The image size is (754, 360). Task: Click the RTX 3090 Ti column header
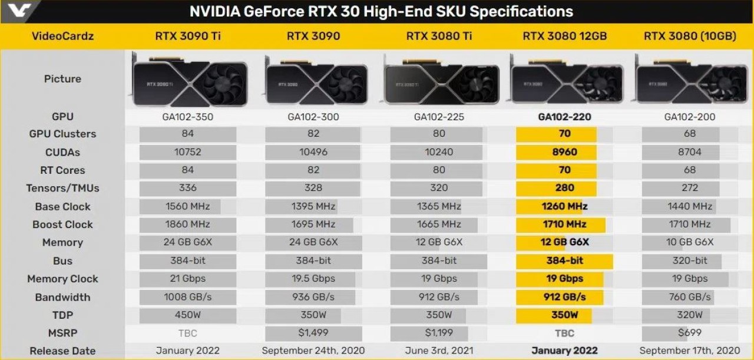(187, 37)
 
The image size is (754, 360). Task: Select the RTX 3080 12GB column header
(564, 37)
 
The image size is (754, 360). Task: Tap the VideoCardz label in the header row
(62, 37)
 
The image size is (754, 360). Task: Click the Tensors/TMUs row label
(62, 189)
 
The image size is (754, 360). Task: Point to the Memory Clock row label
(62, 279)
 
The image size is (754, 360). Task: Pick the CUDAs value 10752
(187, 152)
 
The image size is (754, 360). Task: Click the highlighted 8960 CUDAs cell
(564, 152)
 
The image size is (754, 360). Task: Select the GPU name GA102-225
(439, 117)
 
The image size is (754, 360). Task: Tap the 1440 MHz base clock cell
(689, 207)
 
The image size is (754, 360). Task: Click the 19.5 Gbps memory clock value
(313, 279)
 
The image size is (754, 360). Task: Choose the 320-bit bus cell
(689, 260)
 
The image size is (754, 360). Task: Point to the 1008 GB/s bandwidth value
(187, 297)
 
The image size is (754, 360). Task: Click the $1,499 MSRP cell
(313, 333)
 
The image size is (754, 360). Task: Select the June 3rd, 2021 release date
(439, 351)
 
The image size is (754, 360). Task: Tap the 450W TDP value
(187, 315)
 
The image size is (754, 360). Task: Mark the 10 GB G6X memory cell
(689, 242)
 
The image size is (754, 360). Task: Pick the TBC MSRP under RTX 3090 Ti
(187, 333)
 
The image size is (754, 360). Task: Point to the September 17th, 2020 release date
(689, 351)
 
